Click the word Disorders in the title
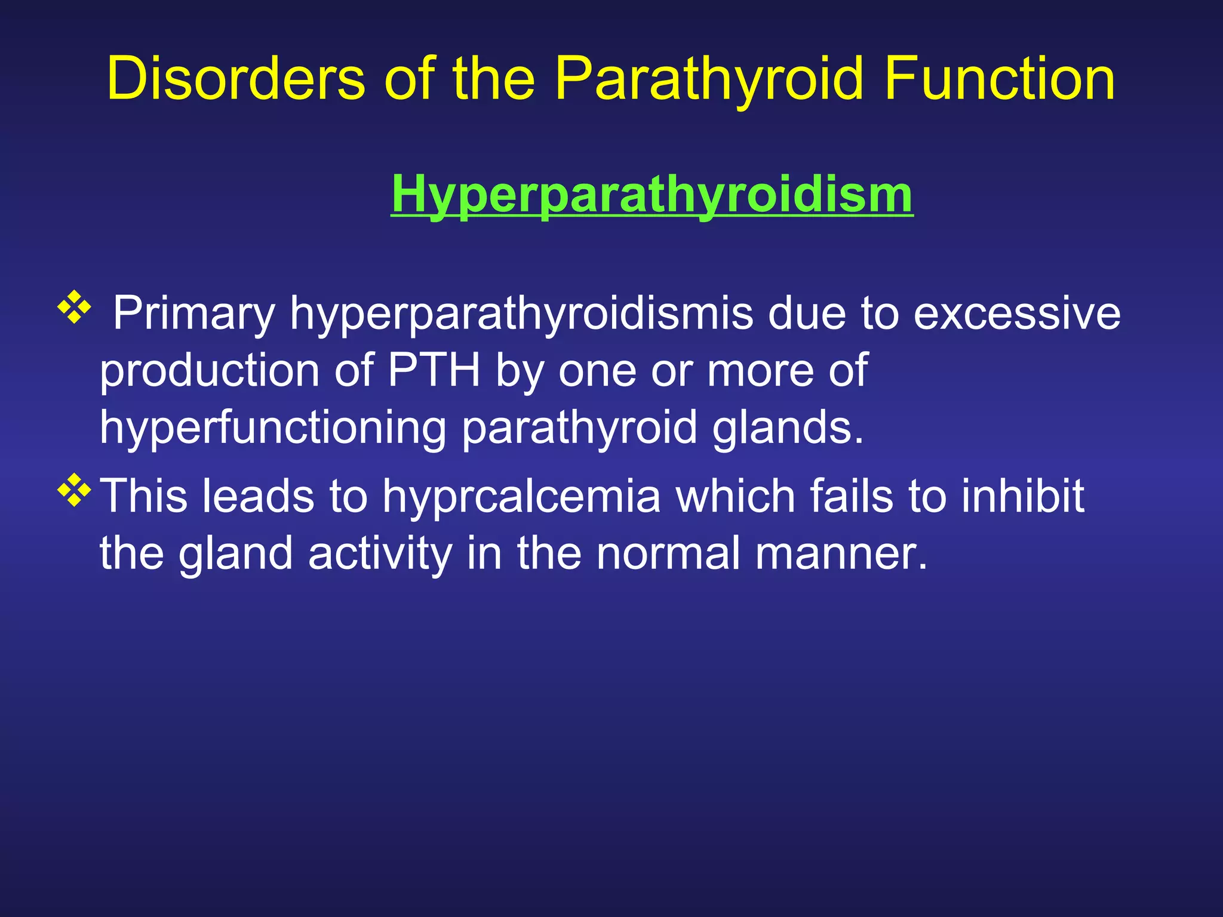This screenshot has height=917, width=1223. point(236,79)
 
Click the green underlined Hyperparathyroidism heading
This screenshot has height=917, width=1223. point(652,194)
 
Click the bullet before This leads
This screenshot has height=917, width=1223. point(74,490)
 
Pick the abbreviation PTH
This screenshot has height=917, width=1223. point(434,370)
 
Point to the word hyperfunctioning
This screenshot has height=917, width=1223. point(272,427)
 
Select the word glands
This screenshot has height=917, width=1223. point(788,427)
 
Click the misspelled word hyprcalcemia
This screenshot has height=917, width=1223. point(521,496)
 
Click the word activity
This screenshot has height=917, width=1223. point(380,553)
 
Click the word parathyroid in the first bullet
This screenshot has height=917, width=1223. point(579,427)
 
